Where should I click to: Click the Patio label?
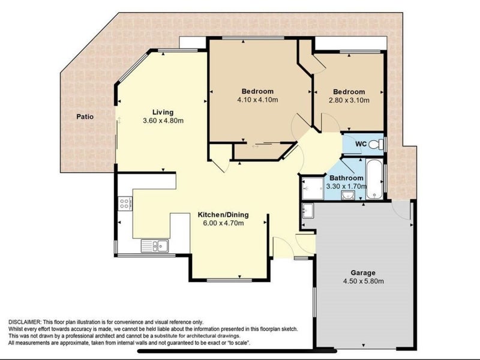click(x=85, y=116)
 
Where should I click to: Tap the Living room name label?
click(x=163, y=112)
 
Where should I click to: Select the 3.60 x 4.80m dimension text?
click(x=163, y=121)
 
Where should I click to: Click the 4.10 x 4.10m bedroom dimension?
click(x=257, y=100)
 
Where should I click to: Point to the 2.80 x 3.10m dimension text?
click(x=349, y=100)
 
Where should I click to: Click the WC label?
click(x=361, y=143)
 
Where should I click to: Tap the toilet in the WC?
click(x=376, y=144)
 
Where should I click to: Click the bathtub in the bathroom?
click(x=374, y=179)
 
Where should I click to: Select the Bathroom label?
click(x=346, y=178)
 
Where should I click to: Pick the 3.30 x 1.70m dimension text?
click(x=346, y=186)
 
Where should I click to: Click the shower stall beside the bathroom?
click(x=312, y=188)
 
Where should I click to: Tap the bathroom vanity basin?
click(x=348, y=195)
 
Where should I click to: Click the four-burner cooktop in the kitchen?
click(x=125, y=203)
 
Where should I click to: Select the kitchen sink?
click(x=155, y=246)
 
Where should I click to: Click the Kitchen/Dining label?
click(x=223, y=215)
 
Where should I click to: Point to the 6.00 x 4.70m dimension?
click(x=223, y=223)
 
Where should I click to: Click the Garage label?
click(x=363, y=273)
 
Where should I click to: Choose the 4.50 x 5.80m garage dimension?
click(x=364, y=281)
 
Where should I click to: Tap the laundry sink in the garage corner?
click(x=308, y=211)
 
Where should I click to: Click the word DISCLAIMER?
click(x=24, y=322)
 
